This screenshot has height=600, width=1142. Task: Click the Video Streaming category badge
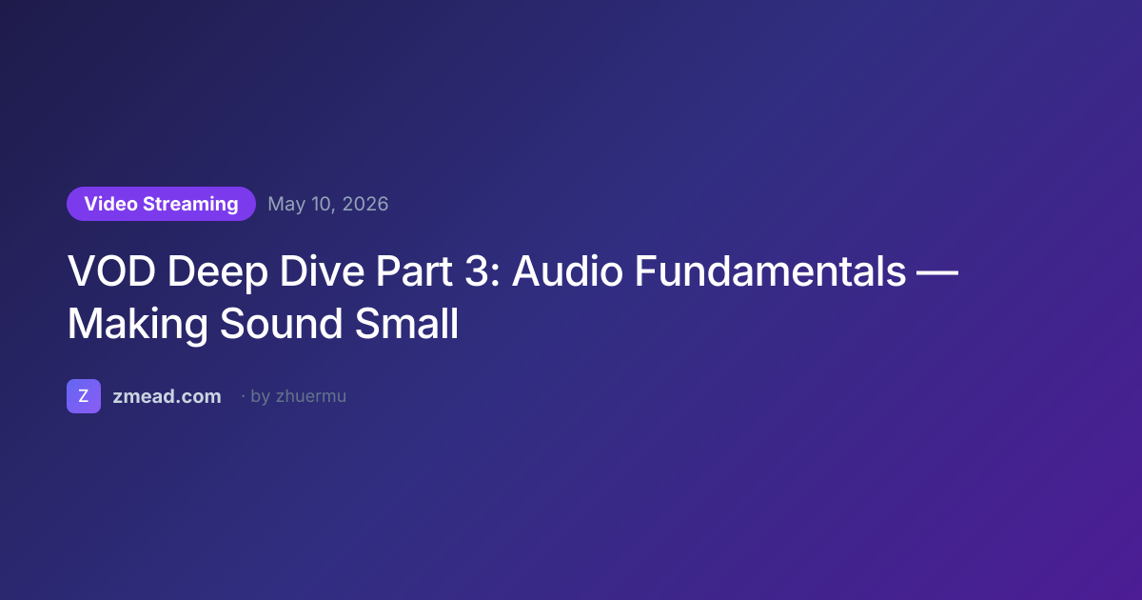click(161, 204)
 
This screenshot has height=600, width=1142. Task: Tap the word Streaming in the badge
click(190, 205)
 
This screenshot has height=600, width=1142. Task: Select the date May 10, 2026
click(327, 204)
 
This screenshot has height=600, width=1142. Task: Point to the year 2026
click(365, 204)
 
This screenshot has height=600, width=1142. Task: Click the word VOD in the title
click(111, 270)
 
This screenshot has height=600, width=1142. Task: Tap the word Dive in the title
click(322, 270)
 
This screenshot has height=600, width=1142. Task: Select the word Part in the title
click(414, 270)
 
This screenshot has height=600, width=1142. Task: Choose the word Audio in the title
click(567, 270)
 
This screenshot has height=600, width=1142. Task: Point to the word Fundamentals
click(770, 270)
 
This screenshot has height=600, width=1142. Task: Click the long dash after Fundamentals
click(937, 272)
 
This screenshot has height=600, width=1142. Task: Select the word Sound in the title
click(281, 324)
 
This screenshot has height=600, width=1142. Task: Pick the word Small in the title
click(407, 324)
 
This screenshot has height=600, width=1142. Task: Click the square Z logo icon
click(84, 396)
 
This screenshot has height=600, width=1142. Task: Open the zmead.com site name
click(167, 396)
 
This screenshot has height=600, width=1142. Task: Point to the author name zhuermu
click(311, 396)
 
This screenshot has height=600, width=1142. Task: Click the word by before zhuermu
click(261, 397)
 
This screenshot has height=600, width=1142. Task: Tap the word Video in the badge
click(111, 204)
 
